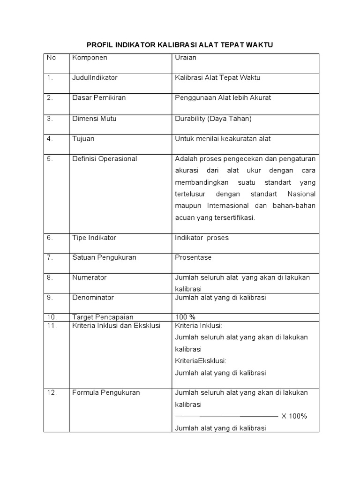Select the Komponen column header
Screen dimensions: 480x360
coord(90,58)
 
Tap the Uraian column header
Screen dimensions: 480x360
coord(186,58)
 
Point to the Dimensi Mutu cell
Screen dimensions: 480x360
coord(94,119)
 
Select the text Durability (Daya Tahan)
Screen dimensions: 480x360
coord(213,119)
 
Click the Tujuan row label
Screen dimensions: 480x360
coord(83,139)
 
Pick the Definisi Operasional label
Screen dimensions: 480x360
coord(105,159)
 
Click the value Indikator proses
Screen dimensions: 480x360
coord(202,238)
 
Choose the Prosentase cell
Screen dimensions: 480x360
coord(193,257)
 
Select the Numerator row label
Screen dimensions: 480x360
coord(89,277)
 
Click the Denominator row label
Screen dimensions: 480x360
coord(93,297)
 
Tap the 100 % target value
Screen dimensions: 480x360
coord(185,317)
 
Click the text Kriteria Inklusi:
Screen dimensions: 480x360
coord(198,326)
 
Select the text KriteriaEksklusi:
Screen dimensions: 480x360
coord(201,361)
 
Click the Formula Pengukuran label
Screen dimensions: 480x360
coord(106,393)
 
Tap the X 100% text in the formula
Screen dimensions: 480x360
coord(294,416)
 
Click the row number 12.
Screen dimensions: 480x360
coord(52,393)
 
